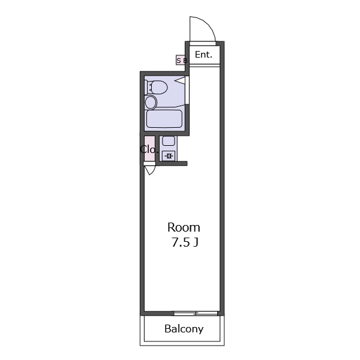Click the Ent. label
[x=203, y=55]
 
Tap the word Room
[x=184, y=227]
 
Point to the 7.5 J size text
[x=185, y=242]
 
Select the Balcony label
[x=184, y=329]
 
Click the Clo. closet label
[x=149, y=149]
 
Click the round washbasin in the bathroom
[x=151, y=103]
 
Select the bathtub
[x=164, y=119]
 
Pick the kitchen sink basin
[x=169, y=140]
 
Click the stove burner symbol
[x=169, y=156]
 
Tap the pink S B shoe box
[x=181, y=60]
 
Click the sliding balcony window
[x=196, y=313]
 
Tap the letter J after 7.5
[x=196, y=242]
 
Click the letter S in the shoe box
[x=179, y=61]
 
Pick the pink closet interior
[x=149, y=148]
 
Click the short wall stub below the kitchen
[x=172, y=163]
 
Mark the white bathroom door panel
[x=187, y=90]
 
